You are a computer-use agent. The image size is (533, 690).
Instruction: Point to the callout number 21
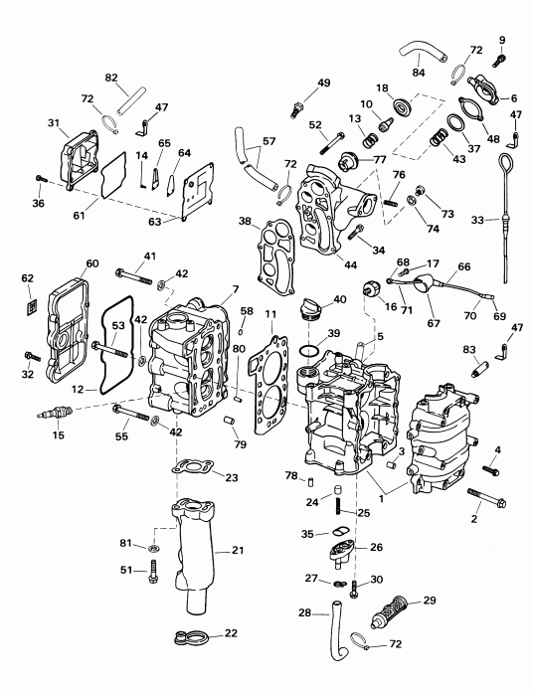(x=238, y=550)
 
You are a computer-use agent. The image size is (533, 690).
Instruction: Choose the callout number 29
(x=430, y=602)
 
